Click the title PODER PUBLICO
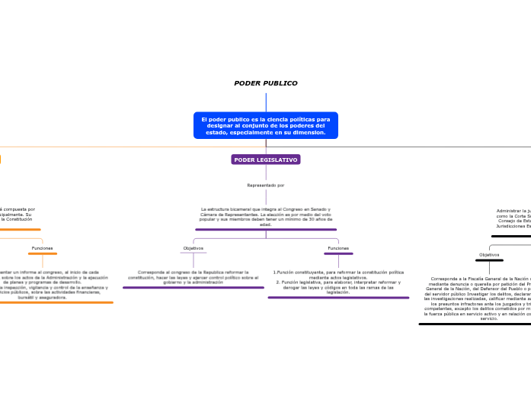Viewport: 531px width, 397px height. (x=265, y=83)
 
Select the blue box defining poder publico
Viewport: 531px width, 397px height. (x=265, y=126)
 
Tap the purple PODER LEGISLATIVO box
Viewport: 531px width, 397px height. (x=265, y=160)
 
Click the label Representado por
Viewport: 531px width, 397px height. (x=265, y=186)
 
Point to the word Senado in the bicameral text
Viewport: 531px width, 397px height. (x=321, y=209)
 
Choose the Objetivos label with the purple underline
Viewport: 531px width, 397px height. (x=194, y=248)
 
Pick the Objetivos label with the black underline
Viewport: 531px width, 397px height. (x=489, y=255)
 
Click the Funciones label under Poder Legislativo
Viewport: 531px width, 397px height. (x=338, y=248)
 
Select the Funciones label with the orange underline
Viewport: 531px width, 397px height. (x=43, y=248)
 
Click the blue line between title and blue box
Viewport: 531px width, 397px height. (x=266, y=102)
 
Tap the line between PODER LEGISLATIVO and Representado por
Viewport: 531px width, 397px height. (x=266, y=173)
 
